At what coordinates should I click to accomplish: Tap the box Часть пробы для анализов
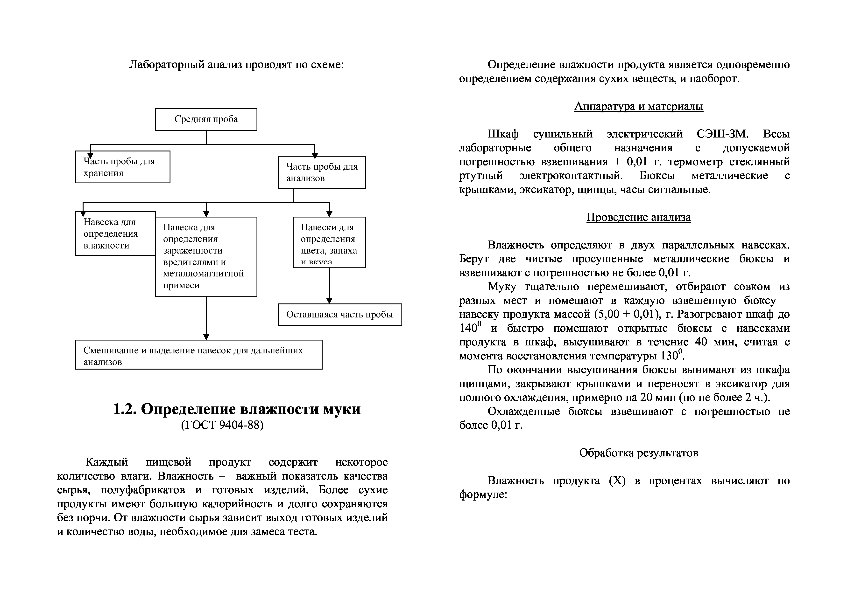(322, 172)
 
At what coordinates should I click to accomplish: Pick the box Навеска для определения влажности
(115, 234)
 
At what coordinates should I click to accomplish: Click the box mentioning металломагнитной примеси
(206, 257)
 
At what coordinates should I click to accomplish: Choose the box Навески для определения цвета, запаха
(329, 242)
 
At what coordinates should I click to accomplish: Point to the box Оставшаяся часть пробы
(340, 315)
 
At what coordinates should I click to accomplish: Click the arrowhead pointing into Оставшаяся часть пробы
(329, 301)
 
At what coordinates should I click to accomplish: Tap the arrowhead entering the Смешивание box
(206, 337)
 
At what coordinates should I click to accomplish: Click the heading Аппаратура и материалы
(639, 106)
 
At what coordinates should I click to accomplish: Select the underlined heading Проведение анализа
(639, 217)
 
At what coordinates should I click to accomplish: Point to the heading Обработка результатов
(639, 453)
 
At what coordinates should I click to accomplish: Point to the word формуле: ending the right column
(483, 495)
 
